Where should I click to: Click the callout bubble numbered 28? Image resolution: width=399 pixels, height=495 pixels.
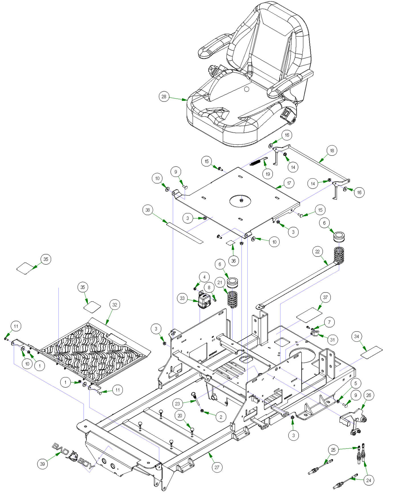164,96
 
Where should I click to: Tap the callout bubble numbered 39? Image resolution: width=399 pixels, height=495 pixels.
42,464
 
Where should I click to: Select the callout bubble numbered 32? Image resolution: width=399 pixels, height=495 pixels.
115,305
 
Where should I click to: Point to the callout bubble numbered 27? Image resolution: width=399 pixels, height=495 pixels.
217,467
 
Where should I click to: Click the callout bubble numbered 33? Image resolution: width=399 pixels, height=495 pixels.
182,298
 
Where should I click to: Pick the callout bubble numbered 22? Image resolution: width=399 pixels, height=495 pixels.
317,251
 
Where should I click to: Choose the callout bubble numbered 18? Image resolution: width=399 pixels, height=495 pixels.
332,150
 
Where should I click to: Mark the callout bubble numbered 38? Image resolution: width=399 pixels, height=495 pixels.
148,210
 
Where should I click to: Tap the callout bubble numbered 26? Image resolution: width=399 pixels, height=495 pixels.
369,395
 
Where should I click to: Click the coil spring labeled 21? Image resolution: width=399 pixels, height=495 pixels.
232,299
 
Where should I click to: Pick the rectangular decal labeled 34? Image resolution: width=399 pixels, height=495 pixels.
372,351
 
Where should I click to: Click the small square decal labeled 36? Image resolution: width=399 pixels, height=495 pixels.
231,243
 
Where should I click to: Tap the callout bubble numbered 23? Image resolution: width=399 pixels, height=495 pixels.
177,403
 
